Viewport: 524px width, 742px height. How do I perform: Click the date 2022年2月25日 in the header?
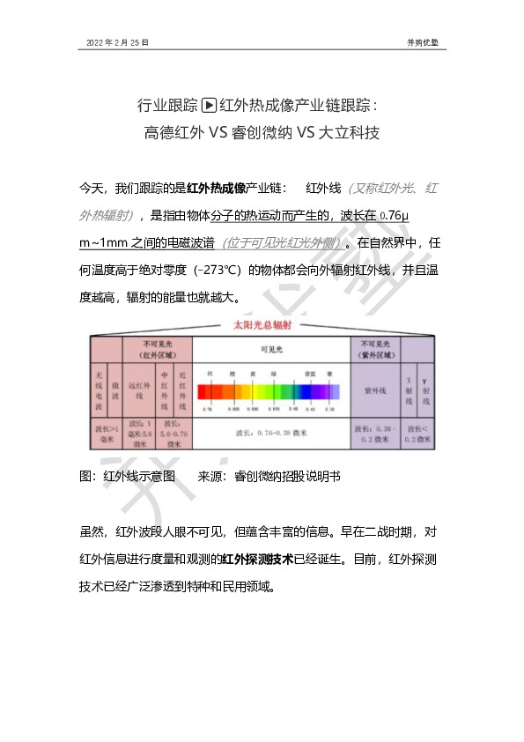coord(117,41)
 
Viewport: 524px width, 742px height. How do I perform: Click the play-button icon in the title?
coord(209,106)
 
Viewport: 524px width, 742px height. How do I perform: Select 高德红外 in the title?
coord(173,133)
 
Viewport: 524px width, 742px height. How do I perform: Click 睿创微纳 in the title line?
coord(261,133)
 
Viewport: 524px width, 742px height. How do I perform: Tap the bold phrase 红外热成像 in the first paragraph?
coord(217,188)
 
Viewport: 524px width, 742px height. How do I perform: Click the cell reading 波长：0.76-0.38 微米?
coord(270,432)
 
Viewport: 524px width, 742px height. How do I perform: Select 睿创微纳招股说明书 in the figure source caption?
coord(286,476)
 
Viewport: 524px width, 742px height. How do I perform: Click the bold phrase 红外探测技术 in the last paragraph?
coord(254,559)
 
